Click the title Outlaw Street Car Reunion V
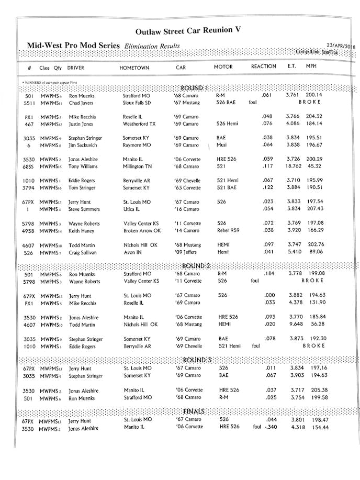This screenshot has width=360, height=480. (188, 31)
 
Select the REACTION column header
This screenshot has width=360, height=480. (263, 67)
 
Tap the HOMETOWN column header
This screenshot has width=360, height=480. (134, 68)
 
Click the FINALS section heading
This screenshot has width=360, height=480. (194, 411)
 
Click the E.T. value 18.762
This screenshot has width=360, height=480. (293, 166)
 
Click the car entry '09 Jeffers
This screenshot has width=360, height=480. (186, 252)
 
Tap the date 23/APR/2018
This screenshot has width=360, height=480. (340, 46)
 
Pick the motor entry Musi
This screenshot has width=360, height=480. (221, 145)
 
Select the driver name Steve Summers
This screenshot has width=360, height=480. (84, 209)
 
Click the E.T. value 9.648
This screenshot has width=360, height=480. (296, 325)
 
